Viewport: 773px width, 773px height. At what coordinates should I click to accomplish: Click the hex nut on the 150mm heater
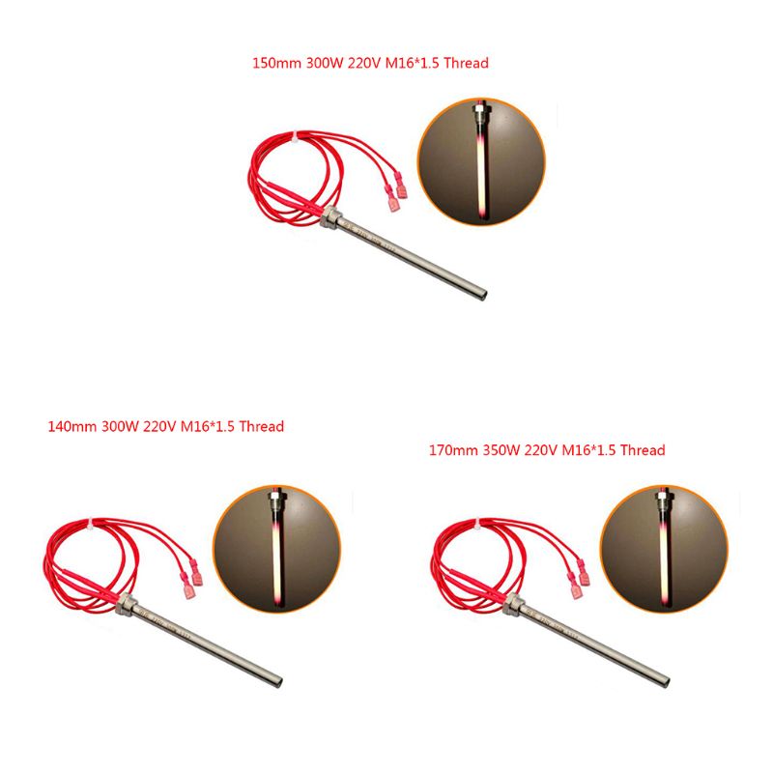329,223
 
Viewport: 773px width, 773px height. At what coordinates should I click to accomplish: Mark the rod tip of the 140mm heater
277,676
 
